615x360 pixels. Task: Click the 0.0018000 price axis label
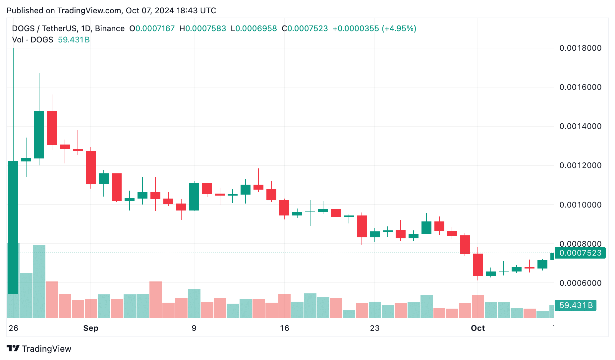pyautogui.click(x=580, y=48)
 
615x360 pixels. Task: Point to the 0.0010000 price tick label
pyautogui.click(x=580, y=205)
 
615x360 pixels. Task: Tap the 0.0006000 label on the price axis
pyautogui.click(x=580, y=283)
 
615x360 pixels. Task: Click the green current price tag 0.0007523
pyautogui.click(x=580, y=253)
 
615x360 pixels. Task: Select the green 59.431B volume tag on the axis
pyautogui.click(x=576, y=305)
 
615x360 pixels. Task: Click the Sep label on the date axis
pyautogui.click(x=91, y=328)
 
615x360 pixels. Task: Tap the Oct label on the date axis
pyautogui.click(x=478, y=328)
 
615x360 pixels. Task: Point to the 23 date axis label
pyautogui.click(x=374, y=328)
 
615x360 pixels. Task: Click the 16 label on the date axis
pyautogui.click(x=284, y=328)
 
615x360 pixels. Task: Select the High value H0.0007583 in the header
pyautogui.click(x=203, y=29)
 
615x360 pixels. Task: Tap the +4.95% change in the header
pyautogui.click(x=399, y=29)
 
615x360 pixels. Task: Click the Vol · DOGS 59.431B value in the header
pyautogui.click(x=74, y=40)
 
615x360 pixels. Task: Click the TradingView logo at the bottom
pyautogui.click(x=39, y=349)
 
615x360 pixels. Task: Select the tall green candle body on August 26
pyautogui.click(x=13, y=227)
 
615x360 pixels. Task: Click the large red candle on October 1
pyautogui.click(x=478, y=265)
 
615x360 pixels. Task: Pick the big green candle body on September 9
pyautogui.click(x=194, y=197)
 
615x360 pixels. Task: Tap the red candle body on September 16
pyautogui.click(x=284, y=208)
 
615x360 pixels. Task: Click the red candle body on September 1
pyautogui.click(x=91, y=167)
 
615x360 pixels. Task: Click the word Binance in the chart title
pyautogui.click(x=110, y=29)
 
